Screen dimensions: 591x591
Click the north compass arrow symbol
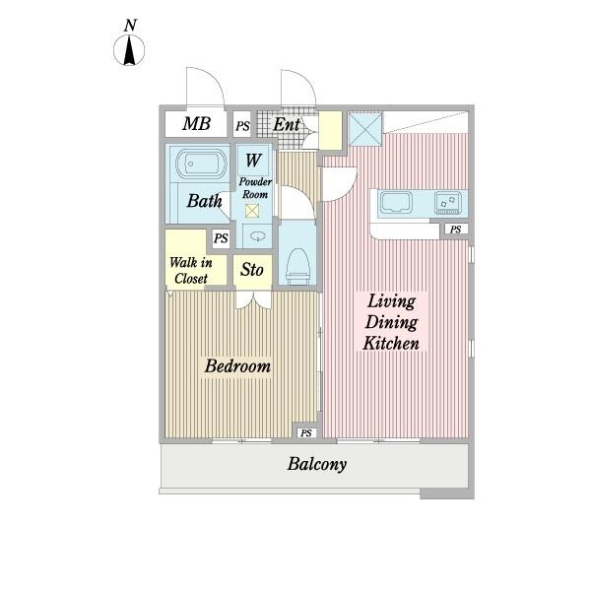(129, 50)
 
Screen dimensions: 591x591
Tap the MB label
(196, 124)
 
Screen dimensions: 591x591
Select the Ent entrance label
(287, 124)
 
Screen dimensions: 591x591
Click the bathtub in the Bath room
(201, 164)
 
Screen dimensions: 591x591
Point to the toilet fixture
(297, 266)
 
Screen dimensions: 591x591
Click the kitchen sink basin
(396, 202)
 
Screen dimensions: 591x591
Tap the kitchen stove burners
(448, 202)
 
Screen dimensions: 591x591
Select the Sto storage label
(252, 270)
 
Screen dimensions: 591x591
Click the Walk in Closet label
(191, 270)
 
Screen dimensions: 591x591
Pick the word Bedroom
(237, 366)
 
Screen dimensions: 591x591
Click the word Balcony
(316, 464)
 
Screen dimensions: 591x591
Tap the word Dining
(391, 323)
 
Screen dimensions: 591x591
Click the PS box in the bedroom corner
(306, 433)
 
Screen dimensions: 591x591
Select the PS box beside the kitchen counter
(456, 230)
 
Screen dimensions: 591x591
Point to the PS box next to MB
(242, 124)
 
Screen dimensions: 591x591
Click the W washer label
(252, 160)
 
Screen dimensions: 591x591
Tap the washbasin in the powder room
(257, 236)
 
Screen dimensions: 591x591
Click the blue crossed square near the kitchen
(364, 129)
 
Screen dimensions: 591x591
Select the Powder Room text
(255, 188)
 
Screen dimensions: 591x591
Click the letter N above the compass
(130, 26)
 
